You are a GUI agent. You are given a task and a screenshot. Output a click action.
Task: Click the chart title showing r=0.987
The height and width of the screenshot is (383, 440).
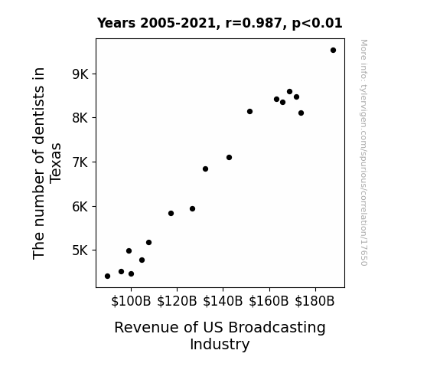pos(220,23)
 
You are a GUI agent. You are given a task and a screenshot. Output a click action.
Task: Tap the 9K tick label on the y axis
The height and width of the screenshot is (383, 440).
pos(80,74)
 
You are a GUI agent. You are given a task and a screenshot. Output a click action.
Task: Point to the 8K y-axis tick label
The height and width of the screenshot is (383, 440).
pos(80,118)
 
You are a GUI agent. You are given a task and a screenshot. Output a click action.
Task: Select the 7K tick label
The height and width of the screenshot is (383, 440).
pos(80,162)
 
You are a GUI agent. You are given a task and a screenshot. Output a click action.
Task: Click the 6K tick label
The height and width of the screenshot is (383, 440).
pos(80,207)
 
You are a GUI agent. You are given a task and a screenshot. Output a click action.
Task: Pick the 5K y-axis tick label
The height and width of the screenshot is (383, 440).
pos(80,250)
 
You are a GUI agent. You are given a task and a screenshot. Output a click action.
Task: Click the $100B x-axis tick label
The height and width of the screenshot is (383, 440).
pos(131,301)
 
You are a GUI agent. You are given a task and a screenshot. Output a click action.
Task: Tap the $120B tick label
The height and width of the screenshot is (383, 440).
pos(177,301)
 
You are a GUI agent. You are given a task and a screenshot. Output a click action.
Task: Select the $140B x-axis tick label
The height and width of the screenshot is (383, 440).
pos(223,301)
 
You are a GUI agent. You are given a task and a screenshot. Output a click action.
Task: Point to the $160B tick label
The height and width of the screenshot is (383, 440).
pos(269,301)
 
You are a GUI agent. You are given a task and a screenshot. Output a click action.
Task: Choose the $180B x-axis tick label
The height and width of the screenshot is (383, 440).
pos(315,301)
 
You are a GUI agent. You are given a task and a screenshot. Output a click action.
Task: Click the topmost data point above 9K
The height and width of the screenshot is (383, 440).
pos(333,51)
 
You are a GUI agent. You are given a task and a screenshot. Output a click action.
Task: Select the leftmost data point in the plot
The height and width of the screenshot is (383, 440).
pos(107,277)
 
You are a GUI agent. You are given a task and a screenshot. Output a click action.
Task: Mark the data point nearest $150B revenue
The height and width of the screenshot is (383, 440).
pos(249,112)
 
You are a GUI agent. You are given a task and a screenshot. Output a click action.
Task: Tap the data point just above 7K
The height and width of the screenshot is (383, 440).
pos(229,157)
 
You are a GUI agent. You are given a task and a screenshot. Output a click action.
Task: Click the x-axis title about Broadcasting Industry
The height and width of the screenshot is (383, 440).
pos(220,336)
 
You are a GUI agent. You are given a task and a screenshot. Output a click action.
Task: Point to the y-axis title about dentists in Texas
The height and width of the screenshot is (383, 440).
pos(47,163)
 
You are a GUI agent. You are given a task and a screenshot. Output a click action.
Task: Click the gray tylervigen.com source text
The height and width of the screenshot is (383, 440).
pos(364,152)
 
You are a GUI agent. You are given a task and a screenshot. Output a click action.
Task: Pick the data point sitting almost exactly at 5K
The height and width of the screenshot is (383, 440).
pos(129,251)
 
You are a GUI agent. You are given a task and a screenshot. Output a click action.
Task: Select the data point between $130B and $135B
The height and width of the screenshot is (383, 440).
pos(205,169)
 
